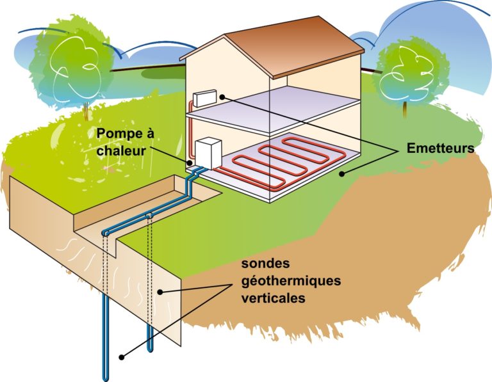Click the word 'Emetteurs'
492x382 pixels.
(440, 148)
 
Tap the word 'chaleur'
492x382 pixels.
(126, 152)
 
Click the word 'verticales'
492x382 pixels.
(270, 298)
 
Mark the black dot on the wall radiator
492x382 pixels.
(221, 96)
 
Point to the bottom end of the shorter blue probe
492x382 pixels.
(151, 349)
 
